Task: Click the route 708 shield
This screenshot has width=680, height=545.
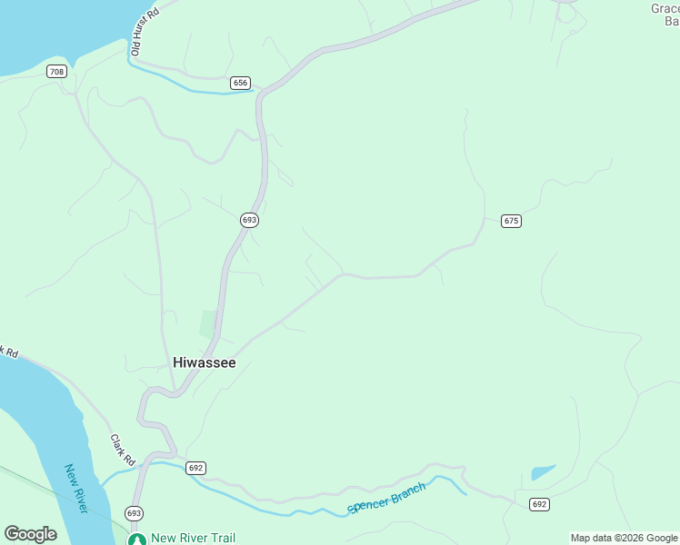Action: click(x=57, y=72)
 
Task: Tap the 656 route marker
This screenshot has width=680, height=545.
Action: click(x=240, y=83)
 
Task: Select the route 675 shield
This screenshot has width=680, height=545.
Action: click(x=511, y=221)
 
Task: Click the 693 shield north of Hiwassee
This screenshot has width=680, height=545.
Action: click(x=250, y=220)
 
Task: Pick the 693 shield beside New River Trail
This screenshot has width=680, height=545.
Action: click(x=134, y=513)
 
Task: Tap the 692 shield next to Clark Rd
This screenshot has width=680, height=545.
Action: click(x=195, y=468)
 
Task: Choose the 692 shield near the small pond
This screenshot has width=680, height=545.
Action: click(x=540, y=504)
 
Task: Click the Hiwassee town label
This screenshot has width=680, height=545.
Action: click(x=205, y=362)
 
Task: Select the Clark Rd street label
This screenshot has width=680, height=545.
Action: click(x=122, y=446)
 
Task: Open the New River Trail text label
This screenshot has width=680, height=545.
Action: click(x=193, y=538)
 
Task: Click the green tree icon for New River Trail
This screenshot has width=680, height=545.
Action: click(x=136, y=539)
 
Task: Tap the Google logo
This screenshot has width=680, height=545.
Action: click(x=30, y=534)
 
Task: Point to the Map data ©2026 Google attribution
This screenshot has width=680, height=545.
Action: click(x=624, y=538)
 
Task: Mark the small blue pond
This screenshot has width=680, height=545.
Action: click(x=543, y=472)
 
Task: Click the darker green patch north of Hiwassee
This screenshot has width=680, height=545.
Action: click(x=208, y=323)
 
